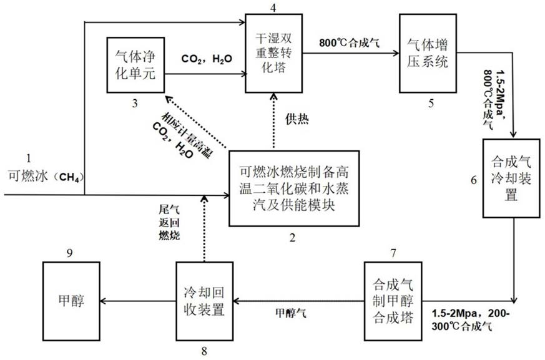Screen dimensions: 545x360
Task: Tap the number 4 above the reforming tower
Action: (273, 7)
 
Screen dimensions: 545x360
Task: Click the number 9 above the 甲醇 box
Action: (70, 253)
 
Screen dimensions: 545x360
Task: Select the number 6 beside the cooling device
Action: (474, 180)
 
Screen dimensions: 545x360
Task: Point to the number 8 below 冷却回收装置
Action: (204, 351)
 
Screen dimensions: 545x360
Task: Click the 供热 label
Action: (297, 119)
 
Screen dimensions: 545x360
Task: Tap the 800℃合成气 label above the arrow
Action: (350, 43)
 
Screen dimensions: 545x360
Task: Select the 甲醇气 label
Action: (290, 313)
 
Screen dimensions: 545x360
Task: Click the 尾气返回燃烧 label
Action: (169, 223)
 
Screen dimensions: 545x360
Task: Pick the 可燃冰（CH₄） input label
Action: (47, 177)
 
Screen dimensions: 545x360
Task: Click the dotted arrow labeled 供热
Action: (274, 122)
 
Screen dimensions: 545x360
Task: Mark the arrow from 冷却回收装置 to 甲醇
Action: (137, 301)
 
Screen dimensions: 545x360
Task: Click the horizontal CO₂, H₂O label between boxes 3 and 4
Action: (207, 59)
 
